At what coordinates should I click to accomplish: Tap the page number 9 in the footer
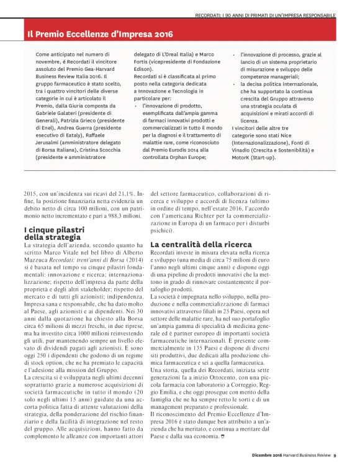pyautogui.click(x=335, y=457)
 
